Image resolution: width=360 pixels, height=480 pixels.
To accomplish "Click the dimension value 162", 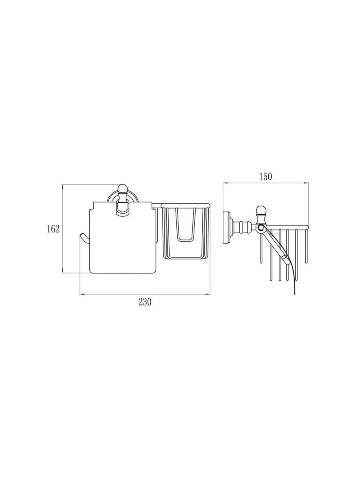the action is point(53,229).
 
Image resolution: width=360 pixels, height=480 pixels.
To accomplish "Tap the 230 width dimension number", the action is point(145,302).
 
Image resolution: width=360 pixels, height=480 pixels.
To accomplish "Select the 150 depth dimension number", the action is point(266,177).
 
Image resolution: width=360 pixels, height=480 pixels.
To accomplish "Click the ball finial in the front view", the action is point(122,189).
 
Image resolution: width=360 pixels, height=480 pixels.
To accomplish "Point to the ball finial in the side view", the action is point(261,210).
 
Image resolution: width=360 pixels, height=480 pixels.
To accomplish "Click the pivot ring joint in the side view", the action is point(260,228).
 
